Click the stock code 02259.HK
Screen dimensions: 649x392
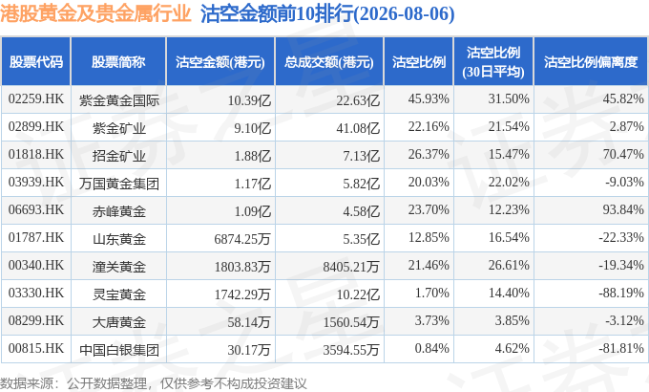pyautogui.click(x=36, y=99)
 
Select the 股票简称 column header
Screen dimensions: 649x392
pyautogui.click(x=118, y=62)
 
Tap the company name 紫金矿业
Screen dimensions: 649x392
pyautogui.click(x=119, y=128)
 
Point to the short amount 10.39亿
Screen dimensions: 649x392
pyautogui.click(x=249, y=100)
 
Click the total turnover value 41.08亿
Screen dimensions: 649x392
pyautogui.click(x=358, y=128)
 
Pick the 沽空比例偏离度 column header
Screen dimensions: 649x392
pyautogui.click(x=591, y=62)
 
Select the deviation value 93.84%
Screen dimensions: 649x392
pyautogui.click(x=623, y=210)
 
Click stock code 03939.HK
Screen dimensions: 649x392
pyautogui.click(x=36, y=182)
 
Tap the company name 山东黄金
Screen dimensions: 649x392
pyautogui.click(x=119, y=239)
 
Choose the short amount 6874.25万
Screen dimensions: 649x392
pyautogui.click(x=242, y=239)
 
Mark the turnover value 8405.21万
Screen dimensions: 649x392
pyautogui.click(x=351, y=267)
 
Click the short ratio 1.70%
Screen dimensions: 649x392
pyautogui.click(x=432, y=293)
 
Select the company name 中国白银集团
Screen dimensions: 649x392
pyautogui.click(x=119, y=350)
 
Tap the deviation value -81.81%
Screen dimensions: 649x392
pyautogui.click(x=621, y=348)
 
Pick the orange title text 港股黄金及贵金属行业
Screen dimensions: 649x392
pyautogui.click(x=95, y=13)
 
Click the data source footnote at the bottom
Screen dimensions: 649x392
pyautogui.click(x=153, y=383)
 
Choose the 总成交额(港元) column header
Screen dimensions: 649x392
pyautogui.click(x=329, y=62)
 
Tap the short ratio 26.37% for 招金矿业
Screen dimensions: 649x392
pyautogui.click(x=429, y=155)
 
